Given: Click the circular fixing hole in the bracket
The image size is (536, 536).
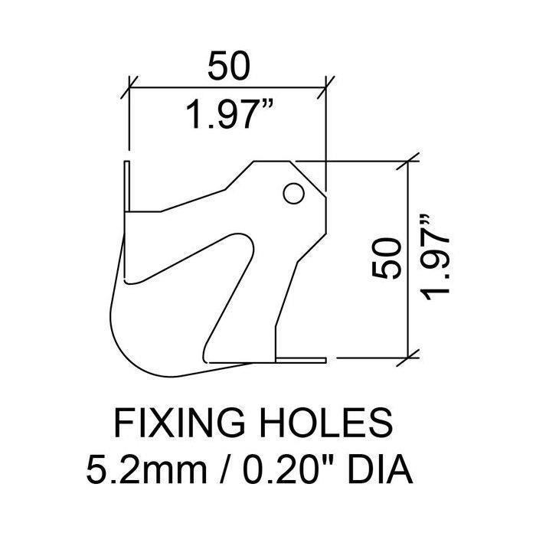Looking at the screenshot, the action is click(293, 194).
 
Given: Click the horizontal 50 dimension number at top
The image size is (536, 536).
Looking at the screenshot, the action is click(229, 66).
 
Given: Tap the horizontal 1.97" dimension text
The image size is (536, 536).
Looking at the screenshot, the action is click(230, 113).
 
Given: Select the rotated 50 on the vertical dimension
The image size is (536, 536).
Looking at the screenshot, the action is click(386, 259).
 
